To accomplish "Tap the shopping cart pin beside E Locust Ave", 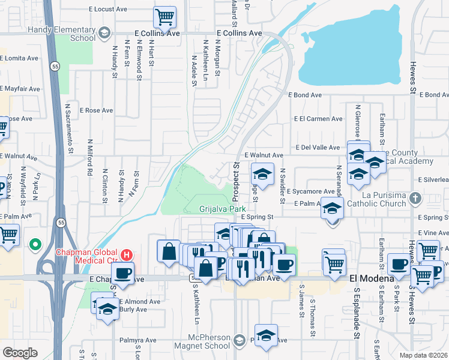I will tap(164, 17).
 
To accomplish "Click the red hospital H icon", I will tap(126, 254).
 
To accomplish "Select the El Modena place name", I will tap(372, 279).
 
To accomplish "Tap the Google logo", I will tap(20, 353).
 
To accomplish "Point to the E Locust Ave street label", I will tap(109, 10).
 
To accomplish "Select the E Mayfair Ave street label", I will tap(20, 89).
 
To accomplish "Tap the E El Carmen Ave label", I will tap(318, 119).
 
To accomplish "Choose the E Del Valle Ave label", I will tap(318, 147).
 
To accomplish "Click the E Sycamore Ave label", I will tap(310, 191).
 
